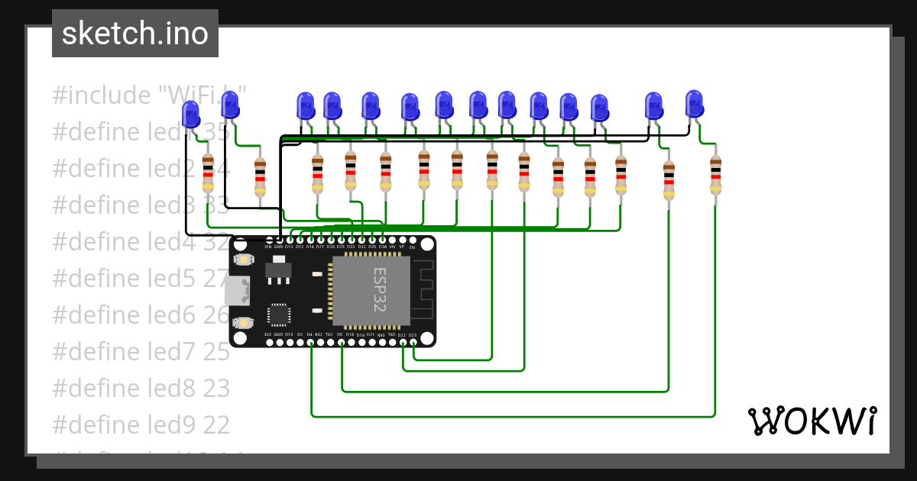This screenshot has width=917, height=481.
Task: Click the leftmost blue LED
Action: [x=190, y=115]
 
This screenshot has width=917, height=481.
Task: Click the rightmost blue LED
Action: [x=694, y=104]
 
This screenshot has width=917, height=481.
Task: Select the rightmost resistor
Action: [x=715, y=176]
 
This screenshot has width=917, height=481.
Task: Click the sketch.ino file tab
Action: [x=135, y=34]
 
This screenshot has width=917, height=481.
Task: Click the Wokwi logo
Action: [x=812, y=421]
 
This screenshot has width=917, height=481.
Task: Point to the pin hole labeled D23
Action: [x=413, y=342]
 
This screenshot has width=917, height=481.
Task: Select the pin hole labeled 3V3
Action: [x=268, y=342]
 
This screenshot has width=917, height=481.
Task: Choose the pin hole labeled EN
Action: [x=413, y=240]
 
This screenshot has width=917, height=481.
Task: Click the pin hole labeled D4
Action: [x=309, y=342]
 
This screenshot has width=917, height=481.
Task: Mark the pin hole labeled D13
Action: [x=289, y=240]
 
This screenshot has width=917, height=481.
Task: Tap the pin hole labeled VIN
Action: [x=268, y=240]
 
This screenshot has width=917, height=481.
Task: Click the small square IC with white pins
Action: [x=279, y=315]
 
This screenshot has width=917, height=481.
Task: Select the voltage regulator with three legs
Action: [x=277, y=272]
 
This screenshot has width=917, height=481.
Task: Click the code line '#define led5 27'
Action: [x=141, y=278]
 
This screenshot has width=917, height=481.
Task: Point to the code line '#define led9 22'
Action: [x=141, y=425]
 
